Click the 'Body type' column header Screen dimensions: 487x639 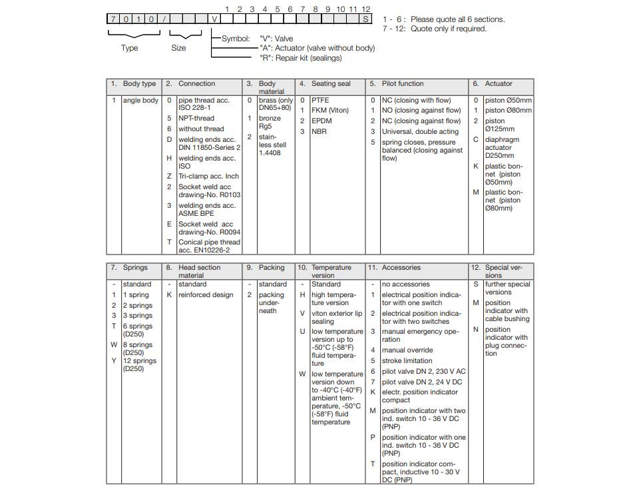pyautogui.click(x=139, y=84)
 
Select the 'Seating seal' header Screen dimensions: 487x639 pyautogui.click(x=330, y=84)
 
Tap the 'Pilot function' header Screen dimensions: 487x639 pyautogui.click(x=402, y=84)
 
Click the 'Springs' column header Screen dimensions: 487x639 pyautogui.click(x=135, y=268)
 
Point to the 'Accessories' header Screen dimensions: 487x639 pyautogui.click(x=401, y=268)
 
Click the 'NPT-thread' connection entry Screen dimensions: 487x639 pyautogui.click(x=196, y=119)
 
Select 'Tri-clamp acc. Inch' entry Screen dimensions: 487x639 pyautogui.click(x=208, y=177)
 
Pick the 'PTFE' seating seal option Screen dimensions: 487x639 pyautogui.click(x=320, y=101)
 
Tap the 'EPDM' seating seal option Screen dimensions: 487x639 pyautogui.click(x=321, y=121)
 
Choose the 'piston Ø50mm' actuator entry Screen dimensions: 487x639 pyautogui.click(x=508, y=101)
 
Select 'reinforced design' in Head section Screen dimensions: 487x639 pyautogui.click(x=206, y=295)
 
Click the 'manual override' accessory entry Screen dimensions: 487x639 pyautogui.click(x=407, y=350)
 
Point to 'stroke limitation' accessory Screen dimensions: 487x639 pyautogui.click(x=407, y=361)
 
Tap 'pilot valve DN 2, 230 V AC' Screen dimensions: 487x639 pyautogui.click(x=423, y=372)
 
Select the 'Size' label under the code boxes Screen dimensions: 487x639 pyautogui.click(x=179, y=48)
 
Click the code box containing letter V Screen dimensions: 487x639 pyautogui.click(x=214, y=19)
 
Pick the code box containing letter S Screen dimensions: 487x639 pyautogui.click(x=366, y=19)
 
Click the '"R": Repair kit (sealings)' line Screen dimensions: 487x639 pyautogui.click(x=300, y=58)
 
